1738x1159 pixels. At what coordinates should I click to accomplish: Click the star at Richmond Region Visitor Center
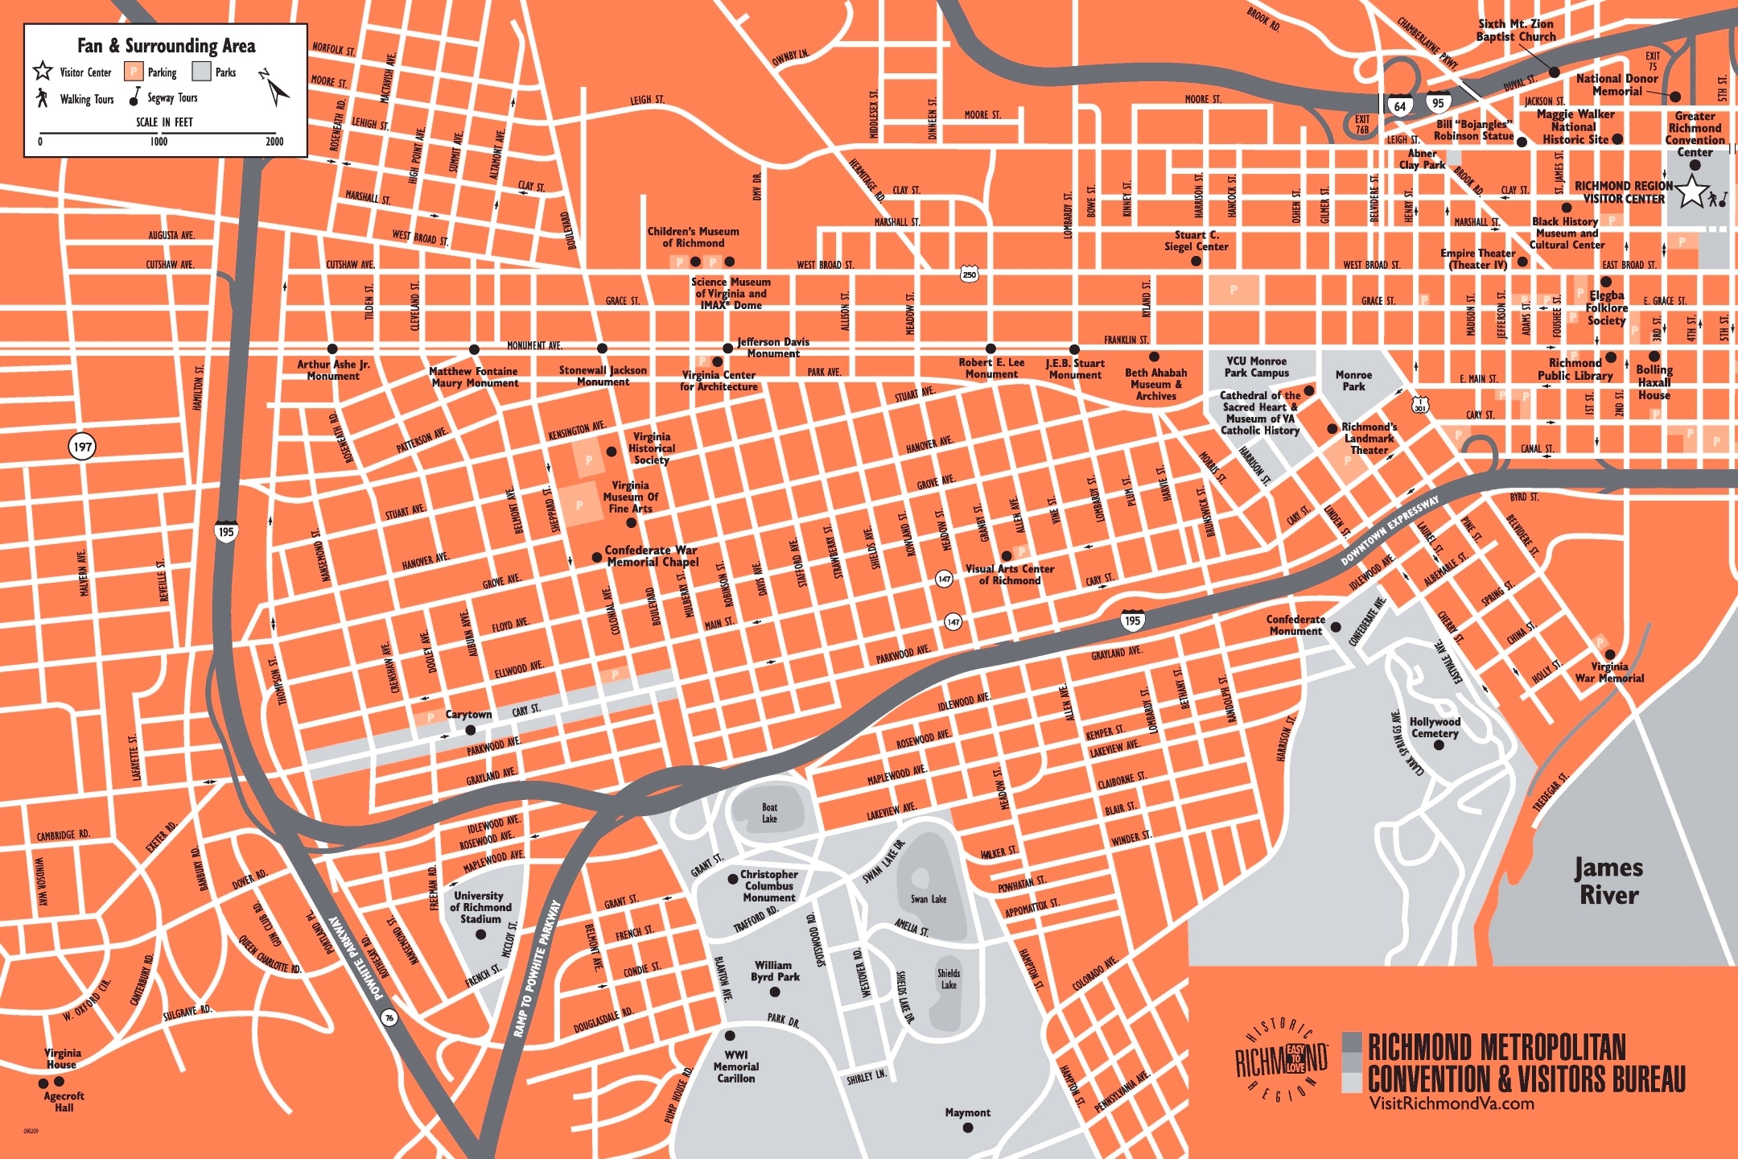(1692, 192)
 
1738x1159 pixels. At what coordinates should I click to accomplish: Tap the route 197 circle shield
(82, 447)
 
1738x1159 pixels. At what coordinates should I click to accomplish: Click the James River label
(1608, 881)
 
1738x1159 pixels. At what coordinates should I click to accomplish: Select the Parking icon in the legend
(134, 72)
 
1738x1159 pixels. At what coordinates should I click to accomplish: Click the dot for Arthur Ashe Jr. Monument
(332, 349)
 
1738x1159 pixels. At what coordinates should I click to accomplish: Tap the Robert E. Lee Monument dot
(990, 349)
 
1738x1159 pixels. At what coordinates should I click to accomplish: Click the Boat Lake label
(769, 813)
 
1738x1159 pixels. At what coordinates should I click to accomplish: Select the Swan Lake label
(928, 899)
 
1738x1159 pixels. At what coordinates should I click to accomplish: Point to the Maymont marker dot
(968, 1128)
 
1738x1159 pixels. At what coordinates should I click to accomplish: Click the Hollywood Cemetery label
(1435, 728)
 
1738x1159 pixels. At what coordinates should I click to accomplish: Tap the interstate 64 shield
(1400, 105)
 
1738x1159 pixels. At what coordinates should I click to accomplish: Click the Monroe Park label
(1353, 381)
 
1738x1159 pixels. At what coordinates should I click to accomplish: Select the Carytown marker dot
(471, 730)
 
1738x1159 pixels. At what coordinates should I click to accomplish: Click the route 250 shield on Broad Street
(970, 274)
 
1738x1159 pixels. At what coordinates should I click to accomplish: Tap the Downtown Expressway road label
(1390, 531)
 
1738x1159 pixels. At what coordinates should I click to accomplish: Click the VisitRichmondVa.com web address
(1452, 1103)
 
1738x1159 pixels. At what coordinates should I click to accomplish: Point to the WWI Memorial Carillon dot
(730, 1036)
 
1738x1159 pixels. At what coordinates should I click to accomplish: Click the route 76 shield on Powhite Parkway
(389, 1017)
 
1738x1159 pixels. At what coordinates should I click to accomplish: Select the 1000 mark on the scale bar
(159, 142)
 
